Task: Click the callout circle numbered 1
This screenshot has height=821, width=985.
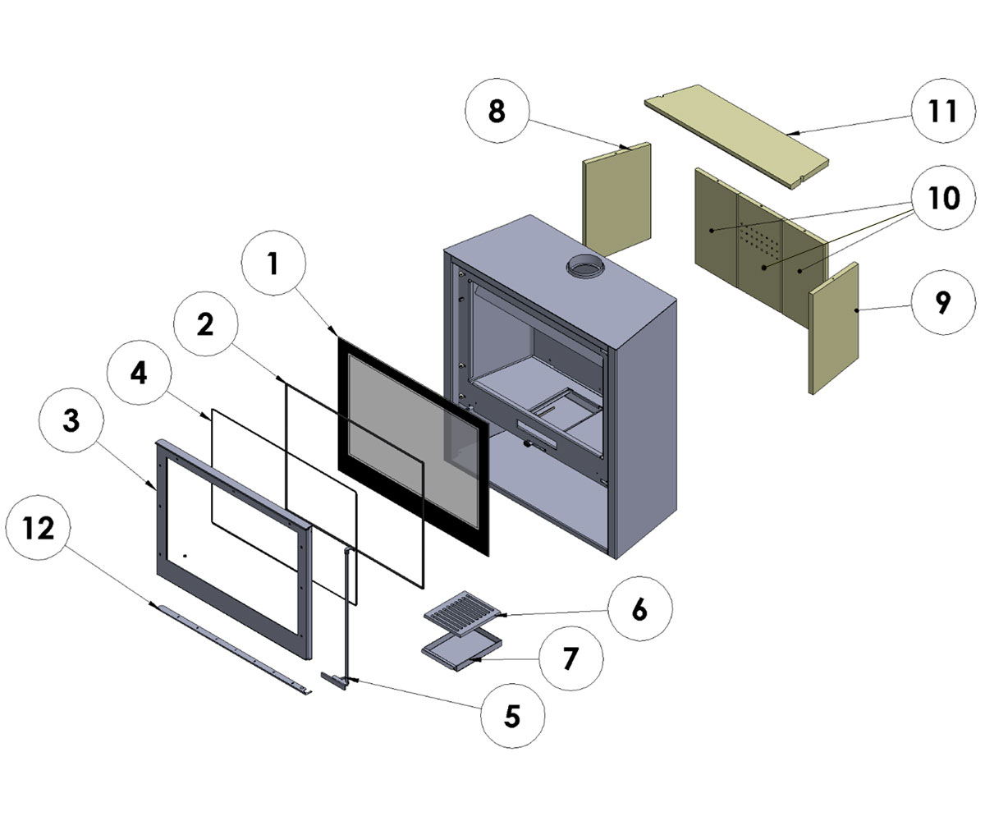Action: pos(274,264)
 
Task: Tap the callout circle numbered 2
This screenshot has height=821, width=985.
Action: pos(205,326)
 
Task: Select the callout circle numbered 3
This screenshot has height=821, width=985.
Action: pos(71,421)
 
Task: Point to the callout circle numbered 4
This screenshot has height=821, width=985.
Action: pos(139,374)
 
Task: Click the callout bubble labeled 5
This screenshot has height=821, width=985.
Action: pos(511,716)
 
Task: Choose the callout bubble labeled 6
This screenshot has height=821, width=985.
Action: pos(639,609)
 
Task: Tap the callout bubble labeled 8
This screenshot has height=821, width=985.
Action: pos(497,112)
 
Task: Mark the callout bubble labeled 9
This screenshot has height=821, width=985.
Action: pos(942,302)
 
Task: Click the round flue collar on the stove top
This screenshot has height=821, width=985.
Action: pos(584,266)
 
